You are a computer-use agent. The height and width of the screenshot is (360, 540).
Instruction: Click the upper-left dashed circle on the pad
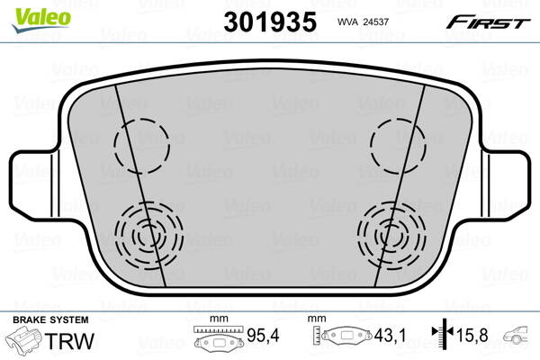pyautogui.click(x=140, y=145)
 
